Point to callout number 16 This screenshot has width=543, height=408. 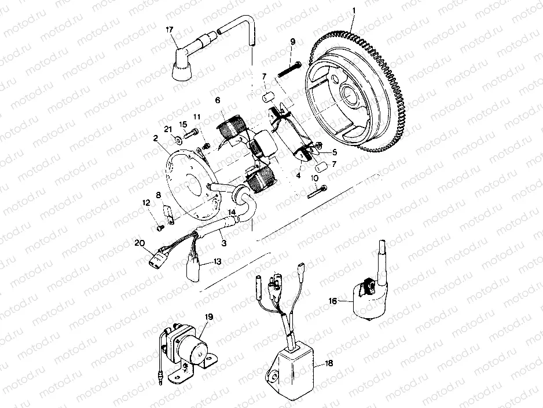pyautogui.click(x=332, y=301)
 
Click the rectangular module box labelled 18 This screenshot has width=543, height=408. pyautogui.click(x=291, y=366)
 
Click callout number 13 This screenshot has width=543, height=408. pyautogui.click(x=218, y=261)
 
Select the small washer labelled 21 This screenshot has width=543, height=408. pyautogui.click(x=175, y=139)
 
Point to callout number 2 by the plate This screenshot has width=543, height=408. pyautogui.click(x=156, y=139)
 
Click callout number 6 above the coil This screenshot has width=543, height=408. pyautogui.click(x=218, y=100)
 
